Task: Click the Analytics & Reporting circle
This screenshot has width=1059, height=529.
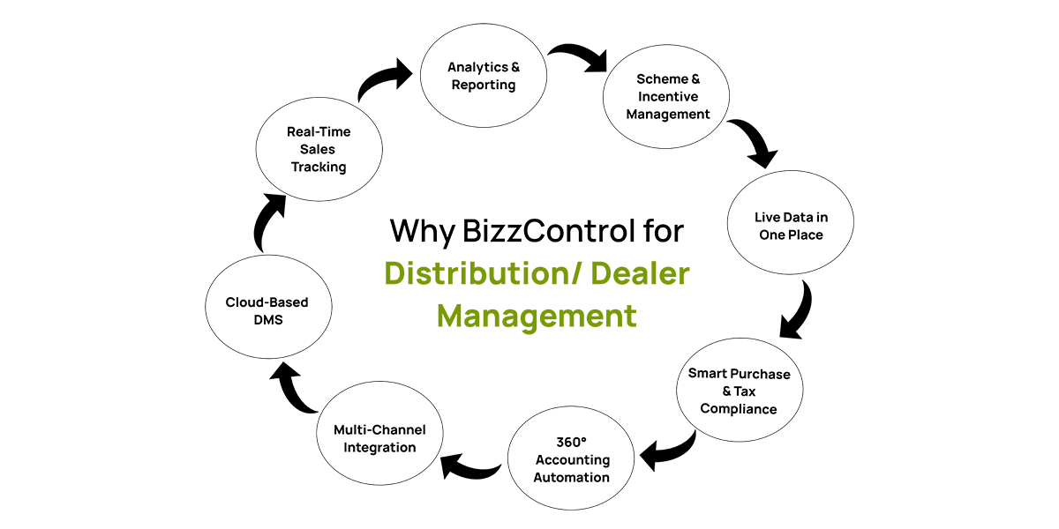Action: click(484, 76)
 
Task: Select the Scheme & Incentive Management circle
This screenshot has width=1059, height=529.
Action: click(666, 96)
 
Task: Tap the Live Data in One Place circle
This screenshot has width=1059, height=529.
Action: click(791, 222)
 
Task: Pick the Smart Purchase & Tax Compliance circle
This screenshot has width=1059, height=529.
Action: click(740, 390)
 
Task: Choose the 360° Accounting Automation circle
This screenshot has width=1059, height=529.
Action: click(571, 458)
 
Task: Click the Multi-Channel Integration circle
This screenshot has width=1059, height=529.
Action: click(379, 433)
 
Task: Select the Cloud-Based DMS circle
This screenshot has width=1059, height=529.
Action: click(268, 307)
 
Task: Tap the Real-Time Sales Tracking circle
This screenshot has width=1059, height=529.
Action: click(319, 149)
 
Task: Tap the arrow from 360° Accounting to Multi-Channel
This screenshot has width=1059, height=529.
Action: click(470, 470)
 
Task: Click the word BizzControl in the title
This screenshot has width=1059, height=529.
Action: click(548, 231)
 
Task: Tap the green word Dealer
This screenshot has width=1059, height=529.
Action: click(640, 273)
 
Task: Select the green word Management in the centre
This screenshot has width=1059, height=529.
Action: click(537, 316)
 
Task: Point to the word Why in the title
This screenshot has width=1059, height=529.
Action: click(423, 232)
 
